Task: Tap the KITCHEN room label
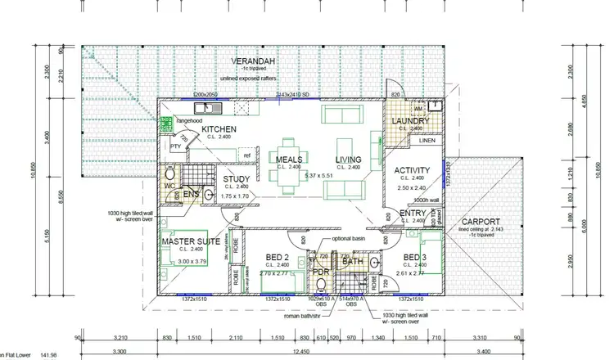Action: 219,130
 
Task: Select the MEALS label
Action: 290,160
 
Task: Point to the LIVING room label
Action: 348,160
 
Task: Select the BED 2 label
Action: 278,256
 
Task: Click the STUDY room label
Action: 236,180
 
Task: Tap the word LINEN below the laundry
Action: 427,141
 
